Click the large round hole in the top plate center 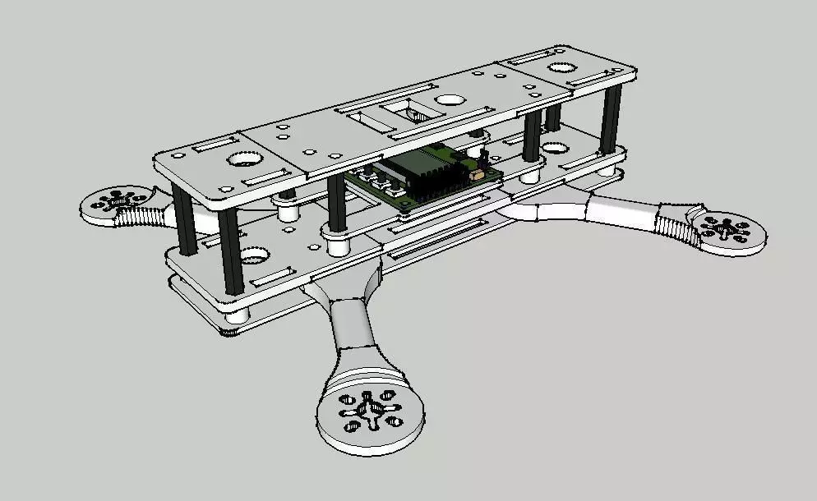449,100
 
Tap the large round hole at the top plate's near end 244,159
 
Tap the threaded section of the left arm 144,216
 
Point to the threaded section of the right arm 676,223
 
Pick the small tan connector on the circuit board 475,174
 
